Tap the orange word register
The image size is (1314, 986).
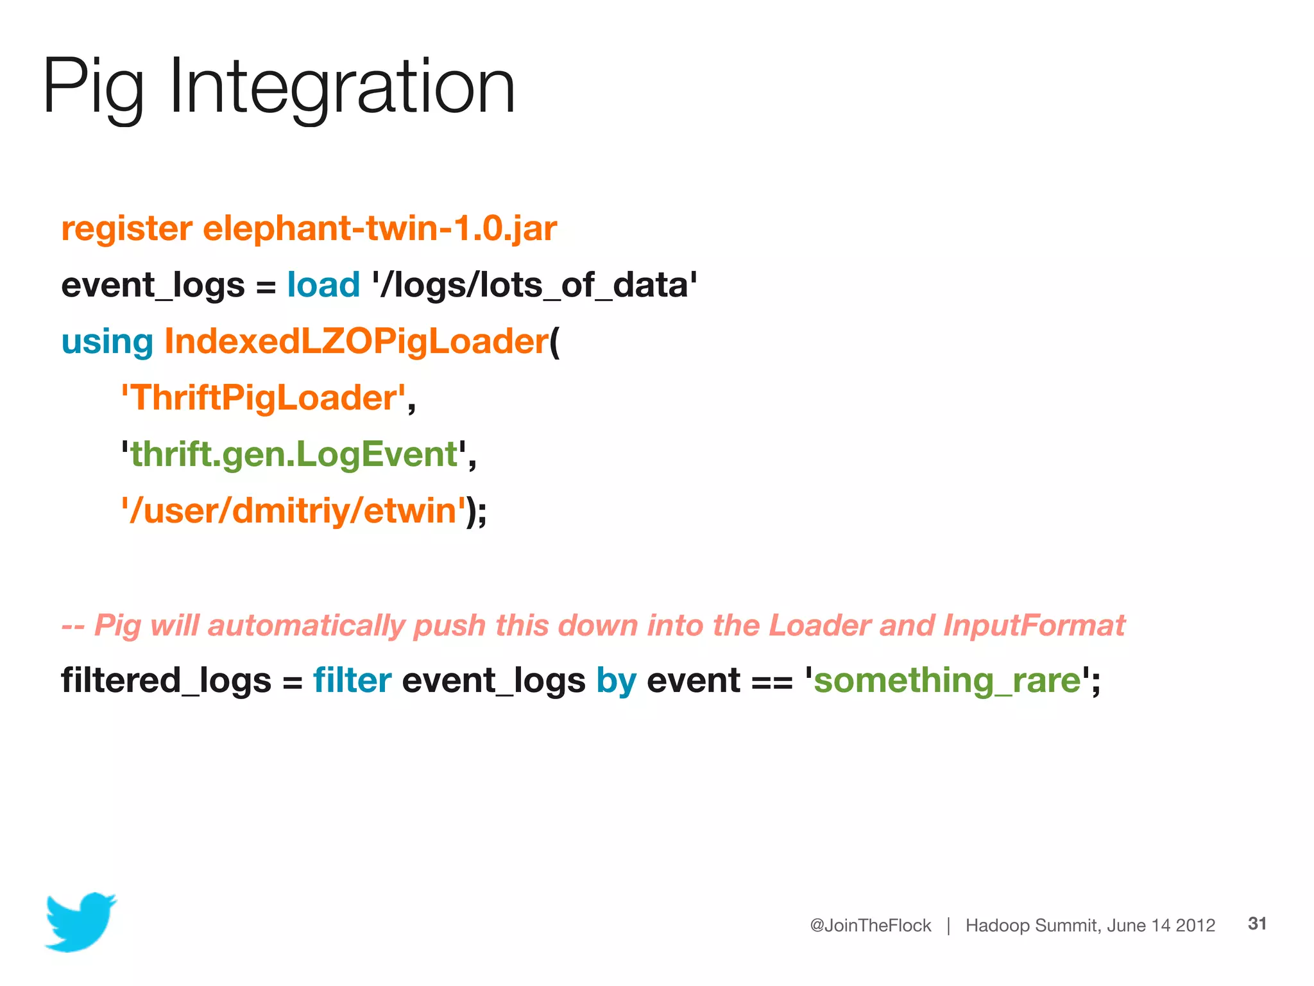point(126,229)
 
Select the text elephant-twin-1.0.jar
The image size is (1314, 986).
point(380,229)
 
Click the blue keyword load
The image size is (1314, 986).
point(323,284)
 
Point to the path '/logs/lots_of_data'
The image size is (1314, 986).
point(534,284)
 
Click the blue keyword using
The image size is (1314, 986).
point(107,342)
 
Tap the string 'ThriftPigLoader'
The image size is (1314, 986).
point(264,397)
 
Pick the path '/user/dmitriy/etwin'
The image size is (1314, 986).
point(293,511)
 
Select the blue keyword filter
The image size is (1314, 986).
point(352,680)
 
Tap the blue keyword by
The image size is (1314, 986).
point(616,681)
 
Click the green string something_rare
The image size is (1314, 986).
point(947,680)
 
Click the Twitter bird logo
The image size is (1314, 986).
point(81,921)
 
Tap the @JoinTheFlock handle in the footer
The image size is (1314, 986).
point(870,925)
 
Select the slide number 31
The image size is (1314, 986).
point(1257,924)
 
